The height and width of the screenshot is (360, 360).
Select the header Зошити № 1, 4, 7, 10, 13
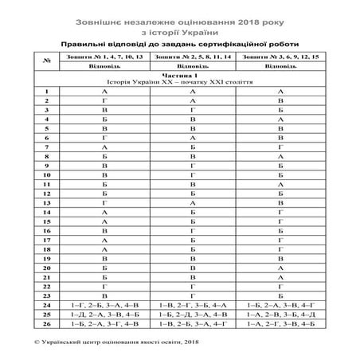[x=105, y=57]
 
